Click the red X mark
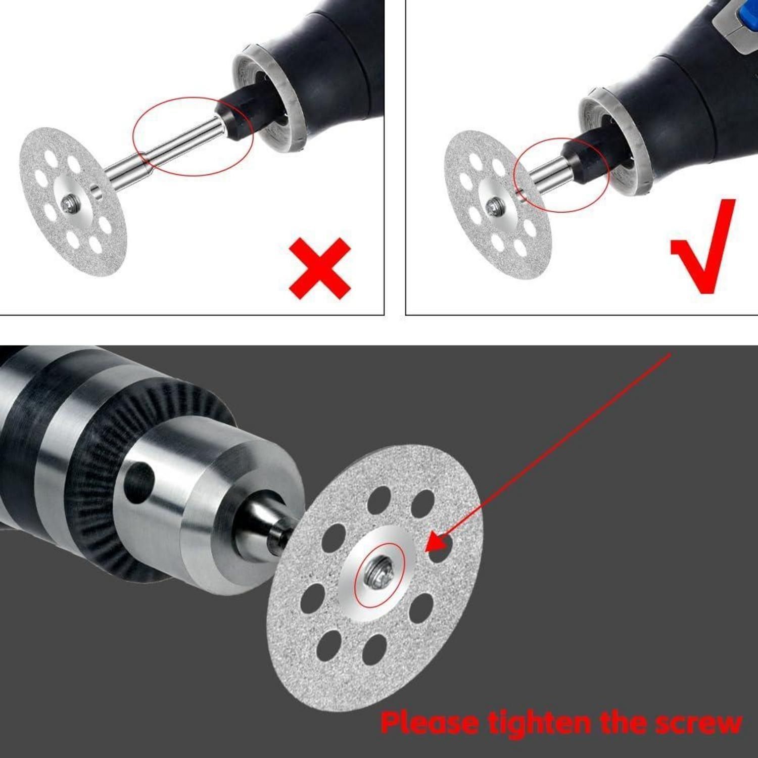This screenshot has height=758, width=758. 319,268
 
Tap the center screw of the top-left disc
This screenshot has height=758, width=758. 68,204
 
